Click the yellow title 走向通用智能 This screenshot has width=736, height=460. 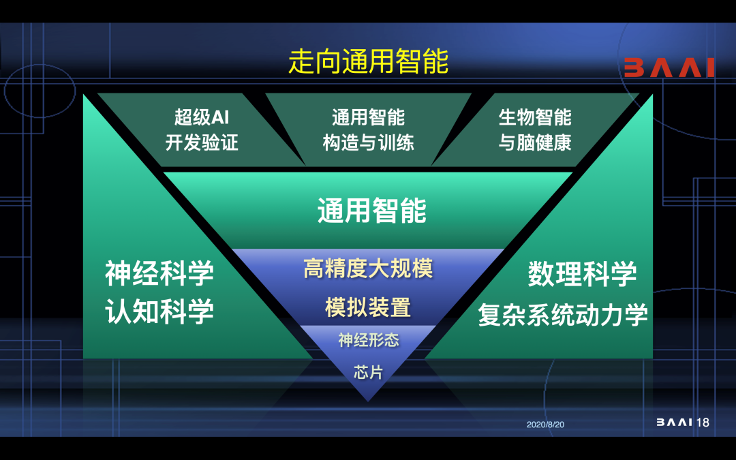369,61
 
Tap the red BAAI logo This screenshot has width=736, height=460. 669,67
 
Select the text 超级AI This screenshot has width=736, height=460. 202,117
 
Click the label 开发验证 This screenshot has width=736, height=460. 202,142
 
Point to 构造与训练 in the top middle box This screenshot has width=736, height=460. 369,142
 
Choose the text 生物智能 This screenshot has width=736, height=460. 535,117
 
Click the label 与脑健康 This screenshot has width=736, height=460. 535,142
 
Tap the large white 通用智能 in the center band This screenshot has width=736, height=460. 372,211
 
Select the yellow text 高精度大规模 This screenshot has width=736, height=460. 369,269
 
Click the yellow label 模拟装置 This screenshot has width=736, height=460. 369,307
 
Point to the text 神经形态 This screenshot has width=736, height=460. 369,340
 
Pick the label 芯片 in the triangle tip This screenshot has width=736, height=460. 369,372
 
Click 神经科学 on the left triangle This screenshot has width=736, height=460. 159,273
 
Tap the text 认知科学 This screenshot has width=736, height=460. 159,311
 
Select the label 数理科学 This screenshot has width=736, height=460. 583,274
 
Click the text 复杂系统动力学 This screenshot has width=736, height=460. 564,314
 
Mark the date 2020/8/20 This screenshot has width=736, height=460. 545,425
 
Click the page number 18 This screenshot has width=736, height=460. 703,423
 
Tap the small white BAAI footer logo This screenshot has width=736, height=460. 674,423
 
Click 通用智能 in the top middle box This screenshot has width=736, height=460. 369,117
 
